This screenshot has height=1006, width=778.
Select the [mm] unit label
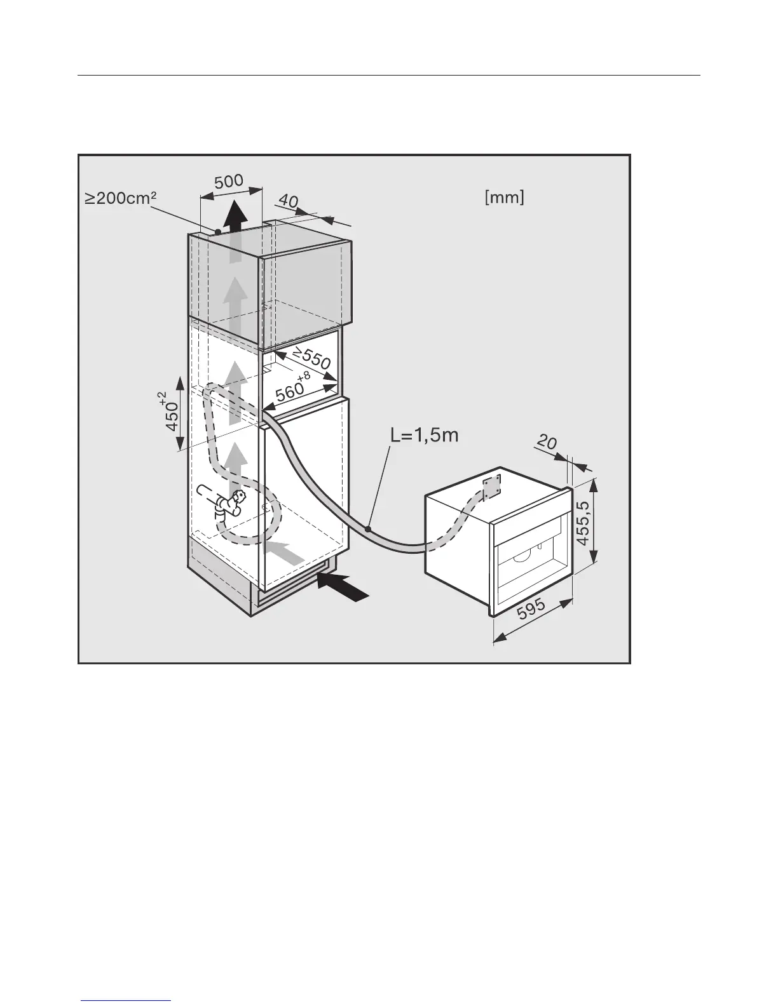[x=504, y=198]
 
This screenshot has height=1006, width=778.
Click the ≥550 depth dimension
[x=311, y=359]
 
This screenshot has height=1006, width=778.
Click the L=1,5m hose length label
[x=424, y=436]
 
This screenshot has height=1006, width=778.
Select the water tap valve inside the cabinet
[x=228, y=504]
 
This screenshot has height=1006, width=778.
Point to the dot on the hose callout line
[x=369, y=528]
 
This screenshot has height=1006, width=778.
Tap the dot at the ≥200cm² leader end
[x=217, y=232]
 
